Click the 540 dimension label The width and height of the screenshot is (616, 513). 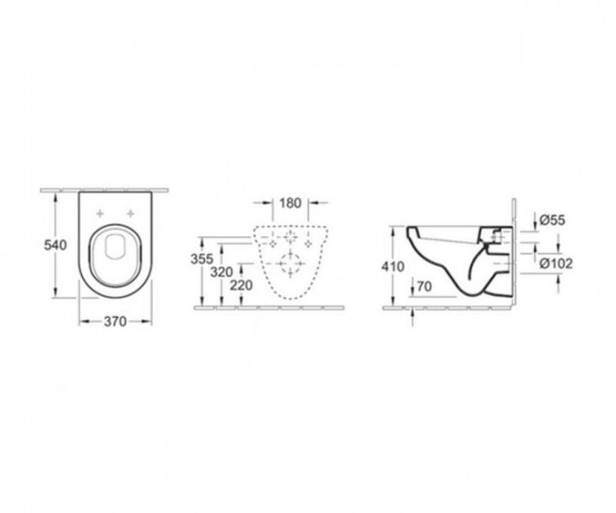55,245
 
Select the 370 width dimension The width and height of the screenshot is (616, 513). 115,321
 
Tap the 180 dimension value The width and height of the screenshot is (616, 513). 290,203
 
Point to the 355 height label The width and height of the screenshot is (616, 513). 202,259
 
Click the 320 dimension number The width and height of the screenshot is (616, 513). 222,272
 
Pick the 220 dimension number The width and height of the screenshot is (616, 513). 240,286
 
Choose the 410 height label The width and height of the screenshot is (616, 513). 393,267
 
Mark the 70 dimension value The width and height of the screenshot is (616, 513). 424,287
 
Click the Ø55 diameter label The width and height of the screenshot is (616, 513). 552,221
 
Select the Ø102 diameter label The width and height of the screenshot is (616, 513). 556,263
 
